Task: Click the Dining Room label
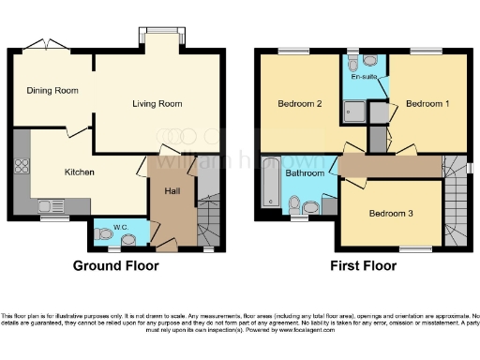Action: tap(46, 91)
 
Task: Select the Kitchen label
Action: tap(80, 172)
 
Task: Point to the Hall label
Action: tap(172, 191)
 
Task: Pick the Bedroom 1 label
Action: tap(427, 104)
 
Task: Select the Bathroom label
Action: tap(305, 173)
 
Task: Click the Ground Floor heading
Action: tap(115, 265)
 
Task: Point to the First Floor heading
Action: tap(363, 265)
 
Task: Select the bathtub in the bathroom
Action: tap(269, 183)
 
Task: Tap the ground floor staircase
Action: tap(210, 220)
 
